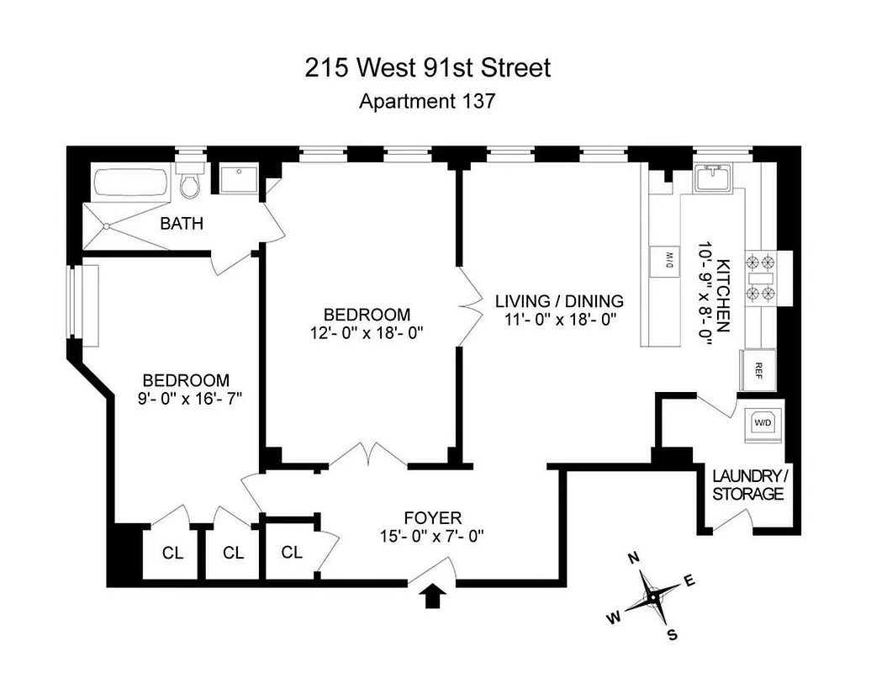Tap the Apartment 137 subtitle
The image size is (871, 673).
tap(427, 102)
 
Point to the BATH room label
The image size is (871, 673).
tap(182, 224)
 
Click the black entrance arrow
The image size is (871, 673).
tap(434, 596)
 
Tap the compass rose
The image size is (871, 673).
tap(652, 596)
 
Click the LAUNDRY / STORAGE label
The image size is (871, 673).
tap(747, 485)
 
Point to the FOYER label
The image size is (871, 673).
tap(432, 517)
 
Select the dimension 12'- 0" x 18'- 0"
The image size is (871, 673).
tap(367, 331)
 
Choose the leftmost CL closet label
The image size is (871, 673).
tap(172, 553)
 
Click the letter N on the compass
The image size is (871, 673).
tap(636, 557)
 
